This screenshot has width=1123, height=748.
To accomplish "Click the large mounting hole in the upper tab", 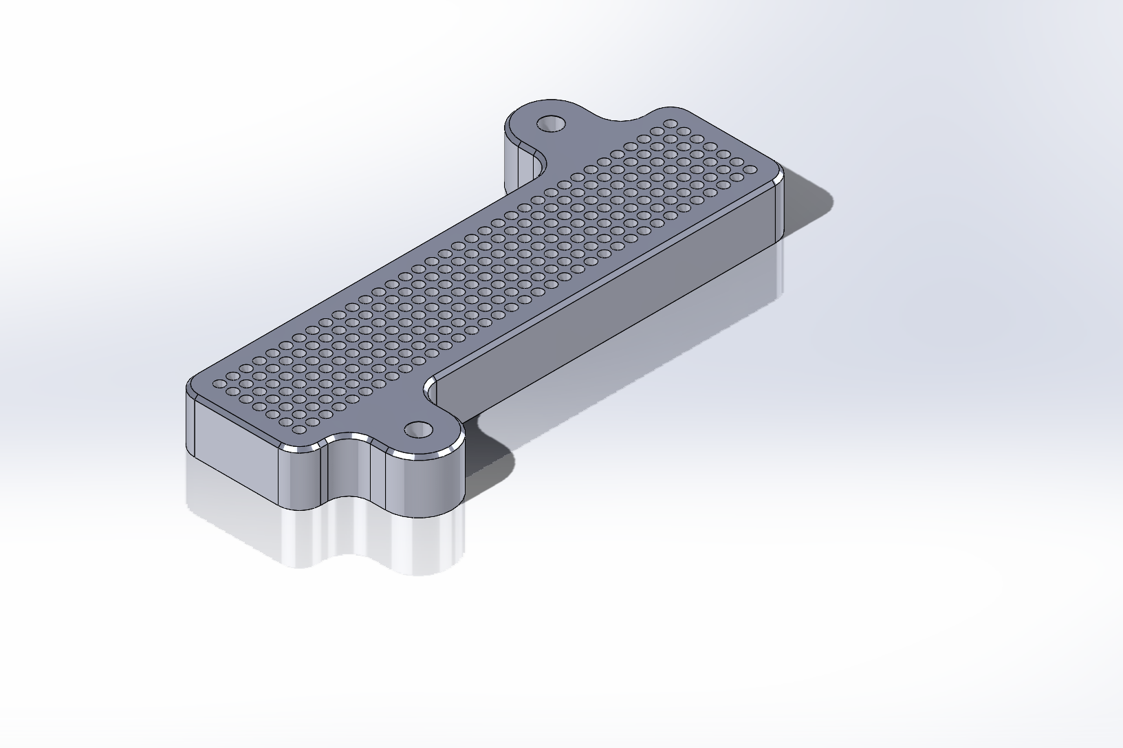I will point(550,124).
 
